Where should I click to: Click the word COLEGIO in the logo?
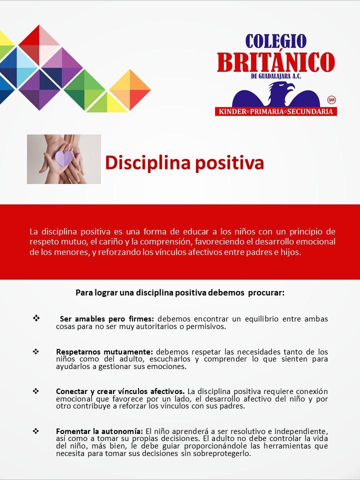(x=276, y=41)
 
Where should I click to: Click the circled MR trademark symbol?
(x=331, y=100)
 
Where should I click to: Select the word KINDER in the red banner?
(x=232, y=111)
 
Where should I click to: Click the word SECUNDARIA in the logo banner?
(x=310, y=111)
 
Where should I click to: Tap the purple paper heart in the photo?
(x=64, y=158)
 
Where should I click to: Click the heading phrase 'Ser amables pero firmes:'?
(x=107, y=318)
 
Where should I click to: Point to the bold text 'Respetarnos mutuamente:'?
(x=104, y=351)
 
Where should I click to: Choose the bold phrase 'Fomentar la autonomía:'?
(x=99, y=431)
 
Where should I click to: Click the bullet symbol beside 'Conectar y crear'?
(x=36, y=391)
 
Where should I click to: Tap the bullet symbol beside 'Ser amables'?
(x=36, y=318)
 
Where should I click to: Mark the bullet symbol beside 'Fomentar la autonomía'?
(x=36, y=431)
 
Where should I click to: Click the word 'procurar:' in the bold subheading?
(x=266, y=292)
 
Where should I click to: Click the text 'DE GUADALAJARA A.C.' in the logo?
(x=276, y=76)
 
